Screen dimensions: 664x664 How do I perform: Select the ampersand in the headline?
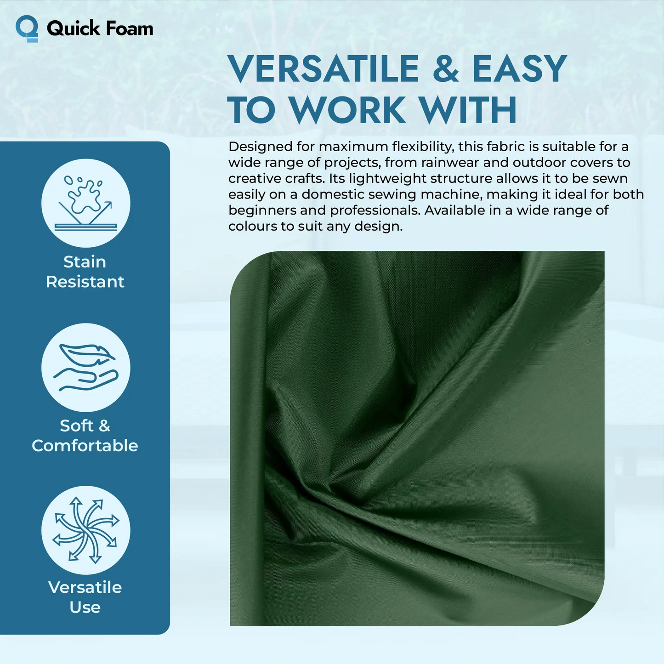(x=445, y=69)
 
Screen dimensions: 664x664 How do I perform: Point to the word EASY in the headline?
(x=520, y=69)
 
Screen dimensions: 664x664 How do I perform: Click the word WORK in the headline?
(x=347, y=110)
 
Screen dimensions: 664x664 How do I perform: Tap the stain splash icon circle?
(x=86, y=203)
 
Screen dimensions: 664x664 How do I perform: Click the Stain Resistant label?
(x=85, y=272)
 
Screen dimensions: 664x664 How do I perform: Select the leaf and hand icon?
(x=86, y=368)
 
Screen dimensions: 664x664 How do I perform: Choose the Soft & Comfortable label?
(x=85, y=436)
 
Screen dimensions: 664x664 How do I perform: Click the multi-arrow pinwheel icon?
(x=86, y=530)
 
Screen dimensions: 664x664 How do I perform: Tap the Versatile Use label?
(x=85, y=597)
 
